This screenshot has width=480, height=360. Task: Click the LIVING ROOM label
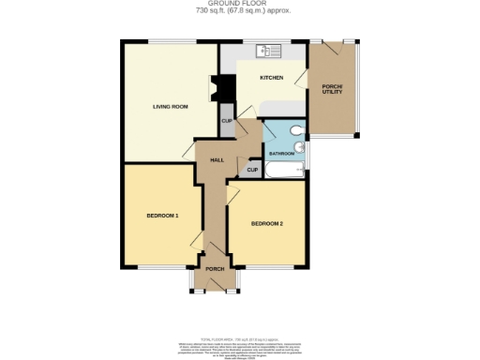coord(172,107)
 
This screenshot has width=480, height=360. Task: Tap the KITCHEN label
coord(272,78)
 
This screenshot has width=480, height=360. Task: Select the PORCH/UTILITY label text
coord(334,92)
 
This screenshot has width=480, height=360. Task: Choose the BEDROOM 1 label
coord(162,217)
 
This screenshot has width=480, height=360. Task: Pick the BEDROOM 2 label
coord(267,223)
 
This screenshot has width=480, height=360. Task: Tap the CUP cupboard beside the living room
coord(227,120)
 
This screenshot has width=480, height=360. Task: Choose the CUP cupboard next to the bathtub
coord(252,170)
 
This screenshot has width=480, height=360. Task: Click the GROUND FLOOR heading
coord(239,4)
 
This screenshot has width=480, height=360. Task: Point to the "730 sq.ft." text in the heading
coord(212,12)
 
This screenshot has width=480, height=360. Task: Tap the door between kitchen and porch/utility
coord(306,79)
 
